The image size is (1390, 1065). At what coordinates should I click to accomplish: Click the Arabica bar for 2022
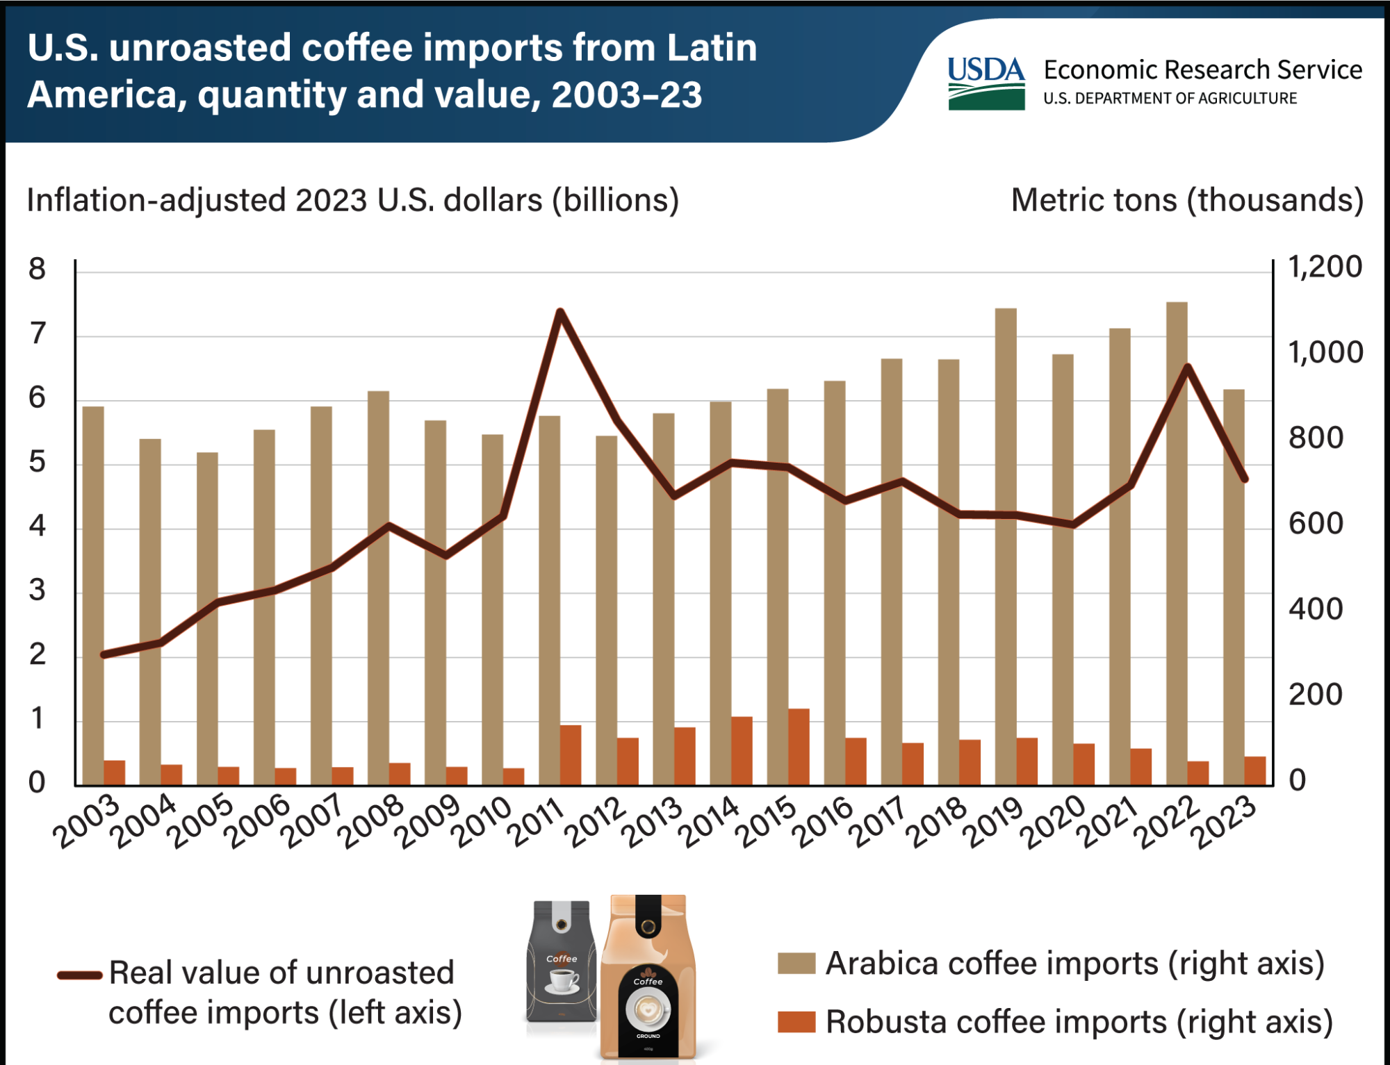1177,556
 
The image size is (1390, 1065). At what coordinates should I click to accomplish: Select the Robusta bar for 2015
799,748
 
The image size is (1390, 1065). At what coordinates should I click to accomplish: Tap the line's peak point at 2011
560,312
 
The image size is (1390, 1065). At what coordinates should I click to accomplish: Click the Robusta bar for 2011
571,756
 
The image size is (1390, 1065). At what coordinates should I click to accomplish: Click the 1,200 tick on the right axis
1325,267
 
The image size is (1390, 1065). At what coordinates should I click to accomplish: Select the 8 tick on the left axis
37,270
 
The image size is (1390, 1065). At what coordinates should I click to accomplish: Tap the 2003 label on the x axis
88,823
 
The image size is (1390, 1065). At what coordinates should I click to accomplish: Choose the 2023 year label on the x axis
1227,823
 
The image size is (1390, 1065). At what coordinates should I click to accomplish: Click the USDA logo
986,83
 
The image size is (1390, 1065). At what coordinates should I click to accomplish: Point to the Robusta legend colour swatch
796,1022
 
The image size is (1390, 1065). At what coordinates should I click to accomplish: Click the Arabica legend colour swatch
796,964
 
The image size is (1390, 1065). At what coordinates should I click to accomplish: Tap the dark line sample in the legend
80,975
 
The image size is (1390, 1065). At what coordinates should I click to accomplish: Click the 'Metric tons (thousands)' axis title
1187,201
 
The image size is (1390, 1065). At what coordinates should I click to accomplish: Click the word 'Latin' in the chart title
712,49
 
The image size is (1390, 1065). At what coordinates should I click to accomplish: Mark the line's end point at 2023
1245,479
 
